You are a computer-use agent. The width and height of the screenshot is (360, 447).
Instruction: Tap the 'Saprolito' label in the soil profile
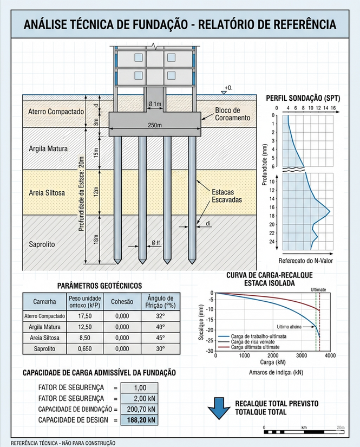[x=42, y=244]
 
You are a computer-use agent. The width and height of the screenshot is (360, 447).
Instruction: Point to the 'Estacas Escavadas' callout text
[x=227, y=195]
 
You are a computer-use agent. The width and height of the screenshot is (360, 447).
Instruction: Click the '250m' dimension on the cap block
[x=155, y=126]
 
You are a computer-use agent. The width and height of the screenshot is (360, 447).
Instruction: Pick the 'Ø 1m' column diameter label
[x=154, y=103]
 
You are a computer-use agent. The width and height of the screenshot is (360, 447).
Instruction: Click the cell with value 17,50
[x=84, y=316]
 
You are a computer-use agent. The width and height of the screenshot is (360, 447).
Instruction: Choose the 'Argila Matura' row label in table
[x=44, y=327]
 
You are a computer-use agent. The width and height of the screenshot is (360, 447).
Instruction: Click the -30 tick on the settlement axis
[x=209, y=351]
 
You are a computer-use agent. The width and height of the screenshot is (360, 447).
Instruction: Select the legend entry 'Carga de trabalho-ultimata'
[x=259, y=336]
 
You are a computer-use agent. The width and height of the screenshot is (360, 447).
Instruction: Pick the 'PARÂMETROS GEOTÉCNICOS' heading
[x=100, y=285]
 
